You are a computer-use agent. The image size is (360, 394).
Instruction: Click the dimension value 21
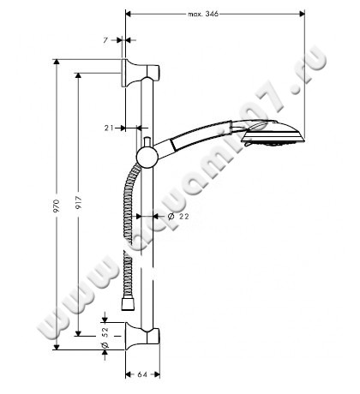pos(109,128)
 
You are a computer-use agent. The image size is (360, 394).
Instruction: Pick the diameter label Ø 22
pos(178,217)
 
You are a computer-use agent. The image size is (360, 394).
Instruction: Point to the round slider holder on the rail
pos(147,155)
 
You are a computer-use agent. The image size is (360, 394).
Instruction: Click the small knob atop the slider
pos(147,140)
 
